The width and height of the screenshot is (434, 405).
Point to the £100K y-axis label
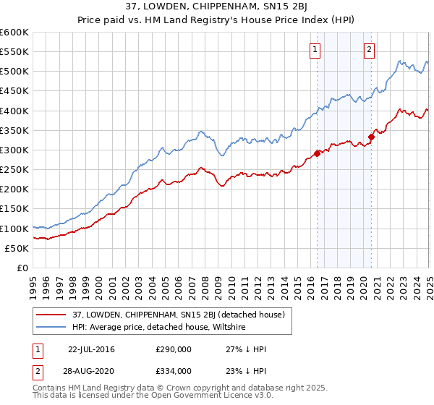click(14, 229)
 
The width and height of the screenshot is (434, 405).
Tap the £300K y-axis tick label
click(14, 150)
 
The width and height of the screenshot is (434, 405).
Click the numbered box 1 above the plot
click(316, 50)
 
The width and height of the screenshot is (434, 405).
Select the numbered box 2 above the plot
click(369, 50)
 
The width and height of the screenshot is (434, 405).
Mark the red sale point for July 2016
click(318, 153)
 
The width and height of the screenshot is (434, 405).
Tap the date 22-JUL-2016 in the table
click(91, 349)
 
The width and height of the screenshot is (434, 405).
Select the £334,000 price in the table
click(173, 370)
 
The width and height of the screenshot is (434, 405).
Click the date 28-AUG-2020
click(91, 370)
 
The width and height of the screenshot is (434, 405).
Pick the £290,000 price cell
click(173, 349)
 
